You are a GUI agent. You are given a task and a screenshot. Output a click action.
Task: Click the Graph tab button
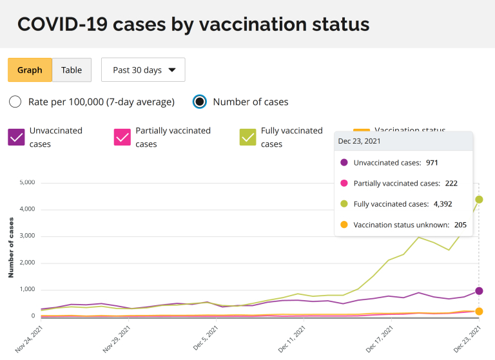click(x=30, y=70)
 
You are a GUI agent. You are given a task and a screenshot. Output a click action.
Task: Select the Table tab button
click(x=72, y=70)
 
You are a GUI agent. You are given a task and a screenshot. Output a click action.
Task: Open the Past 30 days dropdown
click(x=143, y=70)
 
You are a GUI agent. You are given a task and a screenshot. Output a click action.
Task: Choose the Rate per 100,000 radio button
click(x=15, y=102)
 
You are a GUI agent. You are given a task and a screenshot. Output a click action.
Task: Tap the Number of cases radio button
click(x=200, y=102)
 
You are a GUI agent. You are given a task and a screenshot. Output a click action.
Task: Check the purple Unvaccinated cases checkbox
click(x=16, y=137)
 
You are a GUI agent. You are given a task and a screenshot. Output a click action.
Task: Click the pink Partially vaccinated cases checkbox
click(x=122, y=137)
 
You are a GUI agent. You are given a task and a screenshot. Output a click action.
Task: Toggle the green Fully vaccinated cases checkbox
click(x=248, y=137)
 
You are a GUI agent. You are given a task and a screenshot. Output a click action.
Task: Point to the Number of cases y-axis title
click(x=11, y=247)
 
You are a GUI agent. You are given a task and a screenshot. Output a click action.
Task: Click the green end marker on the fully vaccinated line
click(x=479, y=200)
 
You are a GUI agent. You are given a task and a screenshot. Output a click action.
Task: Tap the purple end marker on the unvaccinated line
click(x=479, y=291)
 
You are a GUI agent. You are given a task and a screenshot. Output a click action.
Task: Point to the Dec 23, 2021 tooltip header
click(x=360, y=142)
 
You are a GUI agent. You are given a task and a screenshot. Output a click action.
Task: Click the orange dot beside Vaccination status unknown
click(x=344, y=225)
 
